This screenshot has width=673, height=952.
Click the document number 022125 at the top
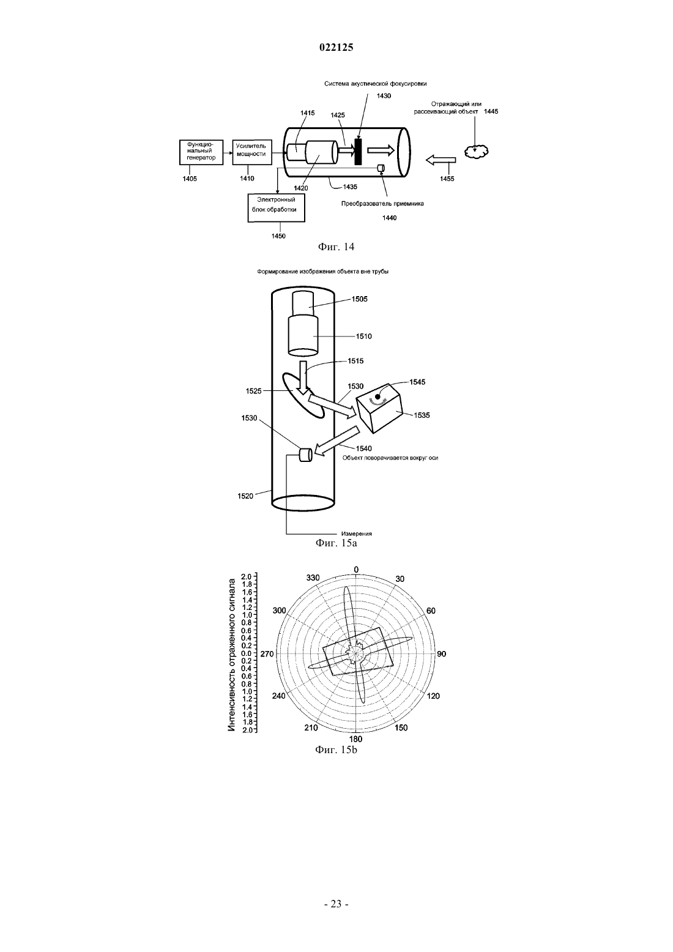coord(336,48)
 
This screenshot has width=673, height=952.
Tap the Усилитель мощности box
coord(251,152)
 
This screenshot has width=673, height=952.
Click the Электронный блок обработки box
coord(276,208)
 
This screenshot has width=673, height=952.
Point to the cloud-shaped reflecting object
coord(476,152)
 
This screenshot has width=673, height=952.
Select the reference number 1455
coord(447,179)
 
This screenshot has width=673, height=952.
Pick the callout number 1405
coord(190,179)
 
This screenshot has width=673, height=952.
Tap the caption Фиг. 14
coord(336,247)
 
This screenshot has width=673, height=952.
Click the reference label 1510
coord(363,336)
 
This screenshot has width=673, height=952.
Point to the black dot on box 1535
coord(377,396)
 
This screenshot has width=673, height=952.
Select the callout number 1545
coord(417,382)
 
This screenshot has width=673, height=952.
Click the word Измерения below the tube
coord(357,534)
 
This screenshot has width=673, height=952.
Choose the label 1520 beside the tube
coord(245,496)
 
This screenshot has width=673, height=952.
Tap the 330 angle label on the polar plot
coord(313,578)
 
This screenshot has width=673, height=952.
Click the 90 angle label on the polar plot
coord(442,653)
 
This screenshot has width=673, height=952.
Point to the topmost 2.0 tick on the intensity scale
coord(247,577)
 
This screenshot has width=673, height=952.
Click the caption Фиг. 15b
coord(336,750)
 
